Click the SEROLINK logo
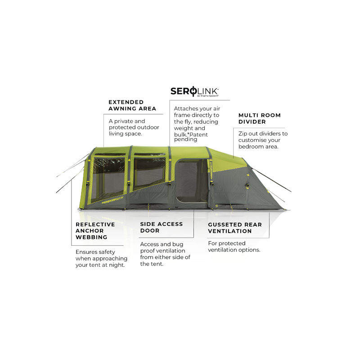[x=194, y=92]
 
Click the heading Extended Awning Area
[x=132, y=105]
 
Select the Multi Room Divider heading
[x=260, y=118]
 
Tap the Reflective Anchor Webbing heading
[x=95, y=231]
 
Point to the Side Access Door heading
[x=162, y=227]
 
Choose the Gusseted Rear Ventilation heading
[x=235, y=228]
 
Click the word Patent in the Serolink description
[x=198, y=135]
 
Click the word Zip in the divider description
[x=243, y=134]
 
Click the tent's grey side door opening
[x=191, y=181]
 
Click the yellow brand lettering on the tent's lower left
[x=112, y=199]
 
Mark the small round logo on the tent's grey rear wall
[x=217, y=206]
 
